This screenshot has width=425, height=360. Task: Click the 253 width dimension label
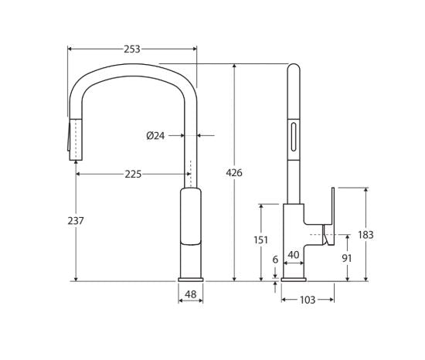132,49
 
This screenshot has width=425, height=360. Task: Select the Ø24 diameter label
155,135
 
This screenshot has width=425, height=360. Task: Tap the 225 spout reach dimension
133,174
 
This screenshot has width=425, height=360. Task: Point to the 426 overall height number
233,173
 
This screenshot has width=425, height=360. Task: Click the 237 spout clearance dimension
76,221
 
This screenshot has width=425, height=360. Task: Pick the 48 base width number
190,294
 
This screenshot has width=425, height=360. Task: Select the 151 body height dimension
261,239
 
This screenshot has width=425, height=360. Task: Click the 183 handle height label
365,235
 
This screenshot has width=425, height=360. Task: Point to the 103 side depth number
307,300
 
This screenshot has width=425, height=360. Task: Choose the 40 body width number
294,254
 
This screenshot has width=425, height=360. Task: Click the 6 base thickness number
275,260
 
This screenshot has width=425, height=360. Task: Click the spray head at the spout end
75,139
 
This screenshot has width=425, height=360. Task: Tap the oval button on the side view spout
293,137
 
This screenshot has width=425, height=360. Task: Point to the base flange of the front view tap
190,278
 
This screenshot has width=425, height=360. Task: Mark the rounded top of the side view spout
293,71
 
